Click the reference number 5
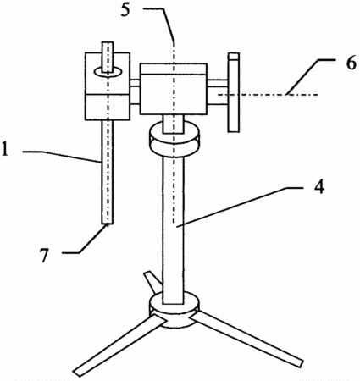(x=125, y=10)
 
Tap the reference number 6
(x=352, y=63)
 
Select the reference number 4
(x=319, y=186)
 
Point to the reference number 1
(x=5, y=149)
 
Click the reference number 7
(x=44, y=256)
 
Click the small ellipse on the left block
(x=108, y=71)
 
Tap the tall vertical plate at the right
(x=234, y=92)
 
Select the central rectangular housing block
(x=174, y=89)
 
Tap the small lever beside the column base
(x=152, y=282)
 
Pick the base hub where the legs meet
(x=174, y=311)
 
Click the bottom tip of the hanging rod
(x=107, y=224)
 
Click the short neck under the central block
(x=174, y=124)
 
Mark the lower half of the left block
(x=108, y=107)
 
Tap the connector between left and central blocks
(x=135, y=92)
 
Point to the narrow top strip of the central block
(x=174, y=69)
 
